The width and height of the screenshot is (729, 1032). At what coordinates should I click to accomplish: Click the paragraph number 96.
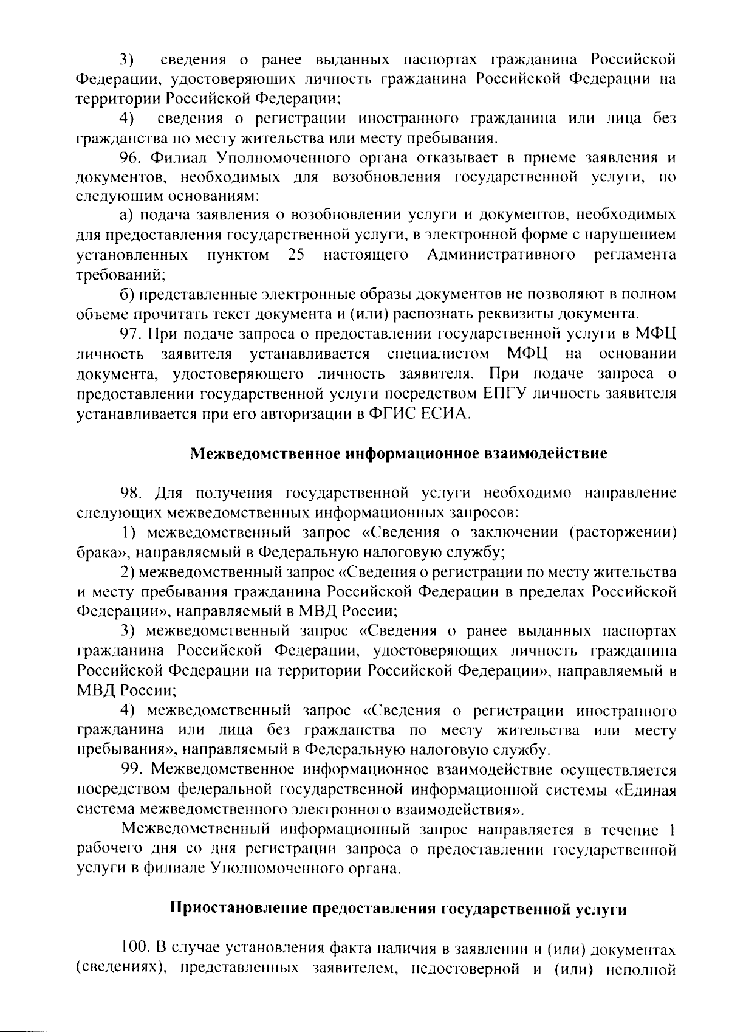[130, 158]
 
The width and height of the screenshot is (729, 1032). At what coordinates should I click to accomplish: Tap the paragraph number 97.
[130, 334]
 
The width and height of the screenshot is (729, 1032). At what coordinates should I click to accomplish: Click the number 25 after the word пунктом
[296, 255]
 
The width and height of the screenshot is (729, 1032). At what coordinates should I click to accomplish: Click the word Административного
[501, 255]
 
